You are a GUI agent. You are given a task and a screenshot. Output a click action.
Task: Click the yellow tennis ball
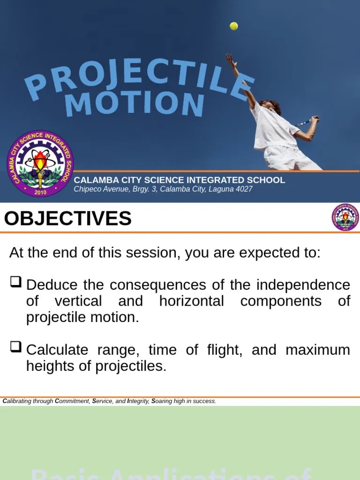point(233,26)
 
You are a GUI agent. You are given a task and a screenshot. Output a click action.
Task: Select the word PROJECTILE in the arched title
point(141,77)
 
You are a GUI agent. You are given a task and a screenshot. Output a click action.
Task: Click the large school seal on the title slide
point(40,163)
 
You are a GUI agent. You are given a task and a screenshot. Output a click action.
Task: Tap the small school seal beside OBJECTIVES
point(345,217)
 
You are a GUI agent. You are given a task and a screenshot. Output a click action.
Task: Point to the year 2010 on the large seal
point(41,192)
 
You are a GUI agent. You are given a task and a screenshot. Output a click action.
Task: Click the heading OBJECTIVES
point(68,219)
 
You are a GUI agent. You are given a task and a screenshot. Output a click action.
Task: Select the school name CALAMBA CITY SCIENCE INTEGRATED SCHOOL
point(180,180)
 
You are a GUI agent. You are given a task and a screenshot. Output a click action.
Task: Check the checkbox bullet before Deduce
point(15,282)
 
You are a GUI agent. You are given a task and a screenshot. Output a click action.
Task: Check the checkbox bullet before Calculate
point(15,347)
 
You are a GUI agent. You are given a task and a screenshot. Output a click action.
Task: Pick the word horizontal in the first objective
point(192,301)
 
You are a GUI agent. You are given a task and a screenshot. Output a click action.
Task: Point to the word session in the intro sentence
point(143,253)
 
